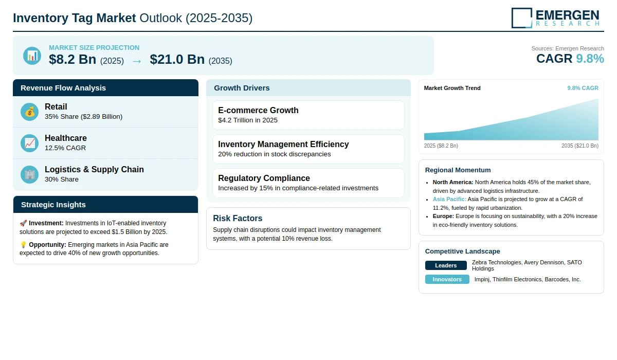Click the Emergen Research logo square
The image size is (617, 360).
pyautogui.click(x=522, y=18)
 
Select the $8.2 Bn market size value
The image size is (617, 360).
pyautogui.click(x=72, y=59)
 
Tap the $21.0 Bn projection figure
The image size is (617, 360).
pyautogui.click(x=177, y=59)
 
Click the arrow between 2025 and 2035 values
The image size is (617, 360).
pyautogui.click(x=137, y=61)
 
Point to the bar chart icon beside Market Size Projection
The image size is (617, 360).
pyautogui.click(x=32, y=56)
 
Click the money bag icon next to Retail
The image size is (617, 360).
pyautogui.click(x=29, y=112)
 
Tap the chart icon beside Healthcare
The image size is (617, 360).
pyautogui.click(x=29, y=143)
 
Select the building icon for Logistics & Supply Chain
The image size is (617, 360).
pyautogui.click(x=29, y=175)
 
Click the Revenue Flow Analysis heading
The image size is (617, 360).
pyautogui.click(x=63, y=88)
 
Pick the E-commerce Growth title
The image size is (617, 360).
pyautogui.click(x=258, y=110)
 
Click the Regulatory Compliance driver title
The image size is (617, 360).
pyautogui.click(x=264, y=178)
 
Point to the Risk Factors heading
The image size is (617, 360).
pyautogui.click(x=238, y=218)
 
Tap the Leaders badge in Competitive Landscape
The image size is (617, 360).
pyautogui.click(x=446, y=265)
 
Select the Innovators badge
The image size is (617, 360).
pyautogui.click(x=447, y=279)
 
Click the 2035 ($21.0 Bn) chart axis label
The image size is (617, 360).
pyautogui.click(x=580, y=146)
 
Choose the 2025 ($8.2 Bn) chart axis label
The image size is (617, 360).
pyautogui.click(x=441, y=146)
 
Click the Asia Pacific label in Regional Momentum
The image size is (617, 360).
pyautogui.click(x=449, y=199)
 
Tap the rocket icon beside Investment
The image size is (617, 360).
pyautogui.click(x=23, y=223)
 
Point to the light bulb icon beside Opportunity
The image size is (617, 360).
pyautogui.click(x=23, y=245)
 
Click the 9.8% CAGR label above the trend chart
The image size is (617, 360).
pyautogui.click(x=583, y=88)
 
